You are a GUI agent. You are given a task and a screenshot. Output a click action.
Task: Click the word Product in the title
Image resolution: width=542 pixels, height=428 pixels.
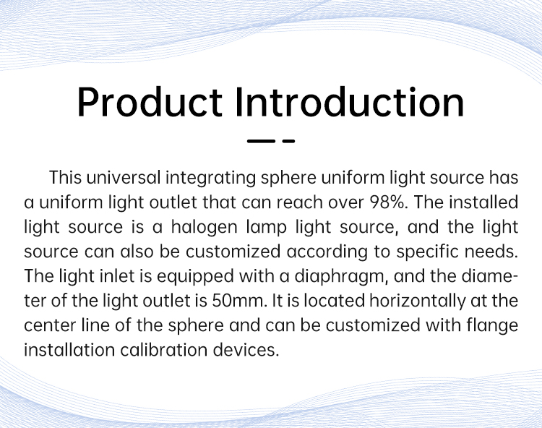pos(150,102)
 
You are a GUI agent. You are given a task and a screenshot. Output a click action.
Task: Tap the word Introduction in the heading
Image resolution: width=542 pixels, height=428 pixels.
pos(350,102)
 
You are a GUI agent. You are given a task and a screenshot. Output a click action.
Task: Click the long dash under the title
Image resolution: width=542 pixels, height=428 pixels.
pos(261,141)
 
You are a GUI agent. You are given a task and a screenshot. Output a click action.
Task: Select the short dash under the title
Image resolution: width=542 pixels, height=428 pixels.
pos(288,141)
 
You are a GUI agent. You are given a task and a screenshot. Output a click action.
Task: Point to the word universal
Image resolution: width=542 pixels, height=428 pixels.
pos(124,177)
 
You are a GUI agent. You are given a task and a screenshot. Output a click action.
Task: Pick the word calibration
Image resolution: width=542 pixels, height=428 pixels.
pos(164,350)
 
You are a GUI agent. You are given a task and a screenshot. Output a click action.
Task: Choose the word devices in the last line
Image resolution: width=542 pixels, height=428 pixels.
pos(246,350)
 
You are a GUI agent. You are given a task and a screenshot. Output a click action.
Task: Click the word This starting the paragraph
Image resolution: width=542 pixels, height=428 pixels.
pos(65,177)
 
